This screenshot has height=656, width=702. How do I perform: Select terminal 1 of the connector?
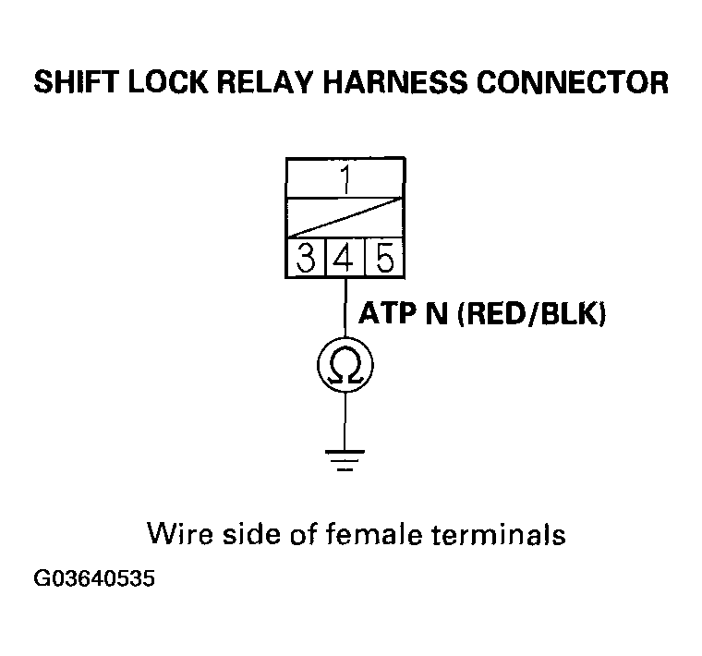tap(345, 178)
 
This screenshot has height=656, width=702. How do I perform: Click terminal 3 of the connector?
tap(304, 260)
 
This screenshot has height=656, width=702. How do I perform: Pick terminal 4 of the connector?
tap(345, 260)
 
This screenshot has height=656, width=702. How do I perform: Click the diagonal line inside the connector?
tap(345, 218)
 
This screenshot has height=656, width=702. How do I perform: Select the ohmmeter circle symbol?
tap(345, 367)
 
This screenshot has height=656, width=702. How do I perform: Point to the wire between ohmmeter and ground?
tap(345, 420)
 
